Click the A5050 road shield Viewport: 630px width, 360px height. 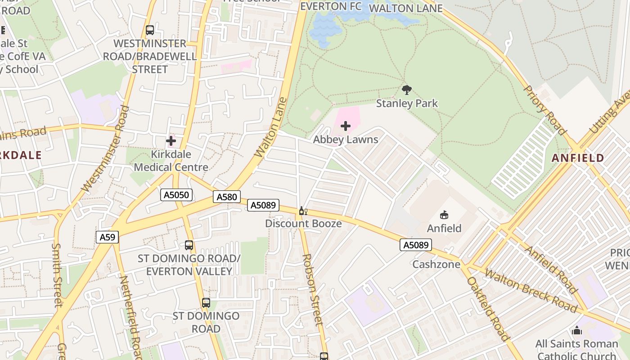point(177,195)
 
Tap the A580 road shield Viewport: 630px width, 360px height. point(226,197)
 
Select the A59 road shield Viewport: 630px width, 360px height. point(107,237)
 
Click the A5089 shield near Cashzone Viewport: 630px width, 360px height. point(415,245)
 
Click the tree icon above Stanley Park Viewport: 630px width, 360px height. point(407,90)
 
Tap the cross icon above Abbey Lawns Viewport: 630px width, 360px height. point(346,126)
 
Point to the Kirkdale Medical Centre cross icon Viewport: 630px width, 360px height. point(171,141)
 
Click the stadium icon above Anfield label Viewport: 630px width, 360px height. point(444,215)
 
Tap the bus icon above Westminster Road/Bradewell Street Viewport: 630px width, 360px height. point(150,30)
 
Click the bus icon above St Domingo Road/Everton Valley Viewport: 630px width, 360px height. point(189,245)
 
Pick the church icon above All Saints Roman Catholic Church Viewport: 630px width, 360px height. point(576,331)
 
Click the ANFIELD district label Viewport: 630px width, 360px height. point(578,158)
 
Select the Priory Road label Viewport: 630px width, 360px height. point(544,110)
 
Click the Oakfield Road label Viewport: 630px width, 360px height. point(488,309)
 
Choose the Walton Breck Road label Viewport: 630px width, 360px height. point(531,291)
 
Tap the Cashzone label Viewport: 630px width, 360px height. point(436,264)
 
